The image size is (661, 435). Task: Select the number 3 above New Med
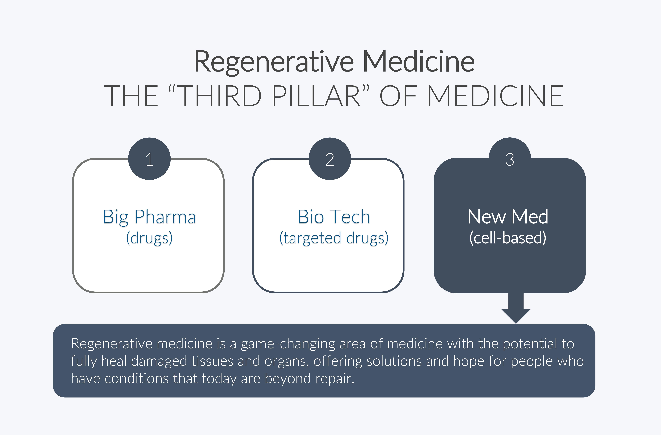coord(510,159)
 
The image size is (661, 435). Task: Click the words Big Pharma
coord(149,217)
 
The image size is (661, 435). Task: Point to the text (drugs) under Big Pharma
coord(149,238)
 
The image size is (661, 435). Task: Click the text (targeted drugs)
coord(334,238)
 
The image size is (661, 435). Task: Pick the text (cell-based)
coord(508,238)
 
